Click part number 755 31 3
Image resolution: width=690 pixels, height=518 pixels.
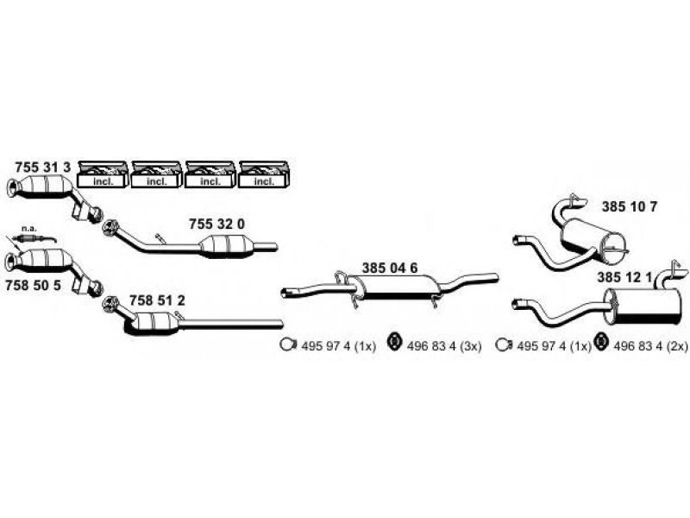(42, 167)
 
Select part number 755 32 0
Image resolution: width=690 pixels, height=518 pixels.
(217, 224)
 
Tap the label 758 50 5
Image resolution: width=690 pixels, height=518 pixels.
(33, 286)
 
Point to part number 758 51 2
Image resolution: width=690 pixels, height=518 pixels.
(157, 300)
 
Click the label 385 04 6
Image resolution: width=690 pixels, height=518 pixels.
(390, 268)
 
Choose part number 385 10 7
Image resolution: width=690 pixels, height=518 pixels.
(630, 206)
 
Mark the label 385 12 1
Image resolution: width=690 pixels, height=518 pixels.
(624, 277)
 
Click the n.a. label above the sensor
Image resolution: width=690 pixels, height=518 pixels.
(28, 229)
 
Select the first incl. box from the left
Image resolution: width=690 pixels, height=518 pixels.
(103, 174)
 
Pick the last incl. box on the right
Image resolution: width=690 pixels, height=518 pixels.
(264, 174)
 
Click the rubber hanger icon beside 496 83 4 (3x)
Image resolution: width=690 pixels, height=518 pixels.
(394, 343)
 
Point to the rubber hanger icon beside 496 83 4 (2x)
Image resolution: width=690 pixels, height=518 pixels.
(599, 343)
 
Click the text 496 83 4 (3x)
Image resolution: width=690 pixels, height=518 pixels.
(444, 347)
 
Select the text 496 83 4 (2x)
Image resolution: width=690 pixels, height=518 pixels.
(650, 347)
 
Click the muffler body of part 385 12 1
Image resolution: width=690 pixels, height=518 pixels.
(642, 307)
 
